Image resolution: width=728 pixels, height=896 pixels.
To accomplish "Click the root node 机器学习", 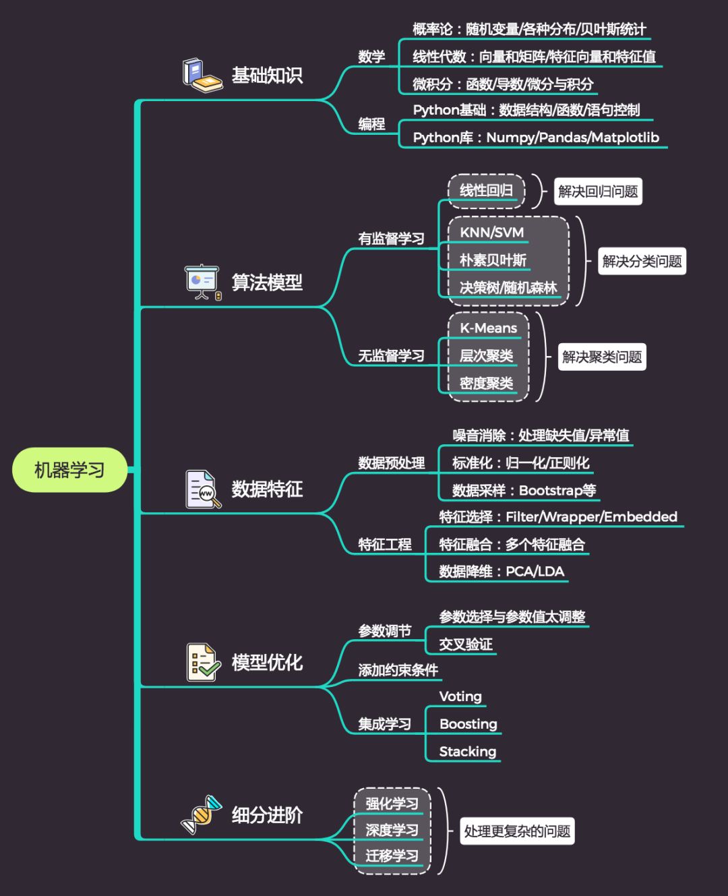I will [69, 470].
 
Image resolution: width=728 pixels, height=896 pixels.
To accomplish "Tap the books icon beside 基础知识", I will [202, 75].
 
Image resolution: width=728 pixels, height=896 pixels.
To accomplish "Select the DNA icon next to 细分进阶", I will [202, 814].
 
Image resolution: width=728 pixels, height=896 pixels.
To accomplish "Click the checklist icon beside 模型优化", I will [202, 661].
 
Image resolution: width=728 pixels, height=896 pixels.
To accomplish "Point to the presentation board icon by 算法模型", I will [202, 282].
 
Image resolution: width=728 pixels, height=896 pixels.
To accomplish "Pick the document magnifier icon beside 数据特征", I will [202, 489].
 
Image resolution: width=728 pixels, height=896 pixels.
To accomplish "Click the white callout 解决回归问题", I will [597, 191].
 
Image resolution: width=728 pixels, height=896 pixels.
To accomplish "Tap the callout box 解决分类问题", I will [642, 261].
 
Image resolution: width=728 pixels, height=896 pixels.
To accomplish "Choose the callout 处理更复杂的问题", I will [517, 831].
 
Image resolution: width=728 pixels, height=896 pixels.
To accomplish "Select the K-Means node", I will [488, 328].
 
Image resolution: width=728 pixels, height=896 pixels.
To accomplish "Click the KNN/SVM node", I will [491, 233].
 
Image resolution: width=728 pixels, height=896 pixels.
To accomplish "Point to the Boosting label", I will [468, 724].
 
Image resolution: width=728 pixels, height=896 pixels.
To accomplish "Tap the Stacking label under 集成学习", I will [467, 752].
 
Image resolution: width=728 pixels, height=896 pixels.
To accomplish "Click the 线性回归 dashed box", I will [486, 191].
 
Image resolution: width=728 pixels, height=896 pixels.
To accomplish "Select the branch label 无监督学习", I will [391, 356].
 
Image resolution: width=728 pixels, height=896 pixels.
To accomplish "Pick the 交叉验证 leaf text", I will [466, 645].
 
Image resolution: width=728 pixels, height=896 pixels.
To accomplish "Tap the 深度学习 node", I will [392, 830].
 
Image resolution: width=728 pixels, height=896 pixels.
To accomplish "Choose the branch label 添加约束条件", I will [398, 670].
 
